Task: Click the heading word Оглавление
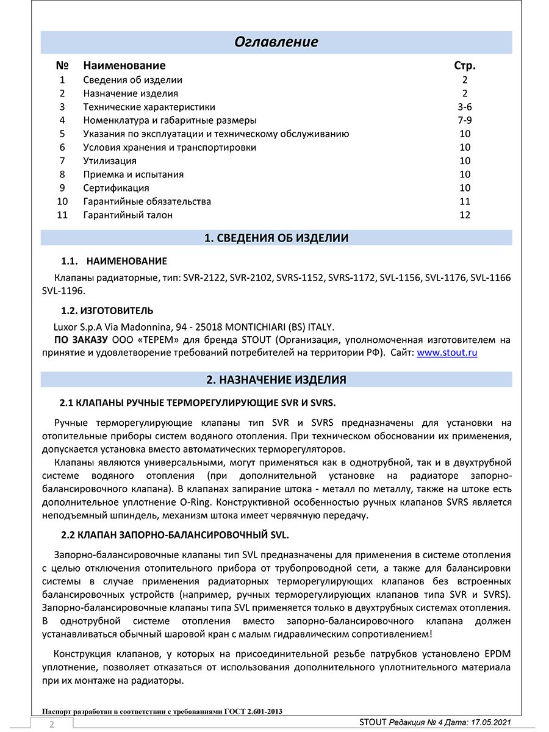(x=276, y=41)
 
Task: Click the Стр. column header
(x=465, y=65)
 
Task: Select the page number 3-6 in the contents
(x=465, y=107)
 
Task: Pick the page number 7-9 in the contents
(x=465, y=120)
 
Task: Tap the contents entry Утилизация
(x=110, y=161)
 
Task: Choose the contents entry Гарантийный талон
(x=127, y=215)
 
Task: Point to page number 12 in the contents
(x=465, y=215)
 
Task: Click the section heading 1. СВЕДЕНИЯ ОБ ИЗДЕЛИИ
(x=276, y=238)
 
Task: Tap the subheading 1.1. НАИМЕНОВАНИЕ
(x=114, y=261)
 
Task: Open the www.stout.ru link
(x=447, y=353)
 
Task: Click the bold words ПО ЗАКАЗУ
(x=81, y=340)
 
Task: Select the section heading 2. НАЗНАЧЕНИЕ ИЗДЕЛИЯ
(x=276, y=379)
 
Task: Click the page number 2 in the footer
(x=52, y=725)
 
